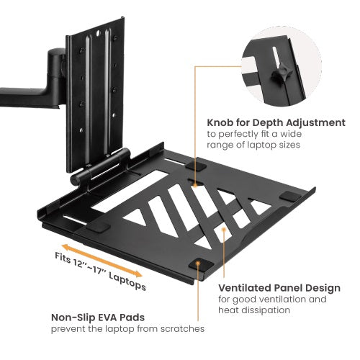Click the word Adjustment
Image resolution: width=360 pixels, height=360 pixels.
(315, 123)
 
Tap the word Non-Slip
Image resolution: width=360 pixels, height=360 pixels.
(74, 316)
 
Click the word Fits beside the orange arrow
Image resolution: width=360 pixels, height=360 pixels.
(63, 258)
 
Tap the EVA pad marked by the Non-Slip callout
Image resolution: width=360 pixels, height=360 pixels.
(198, 264)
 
